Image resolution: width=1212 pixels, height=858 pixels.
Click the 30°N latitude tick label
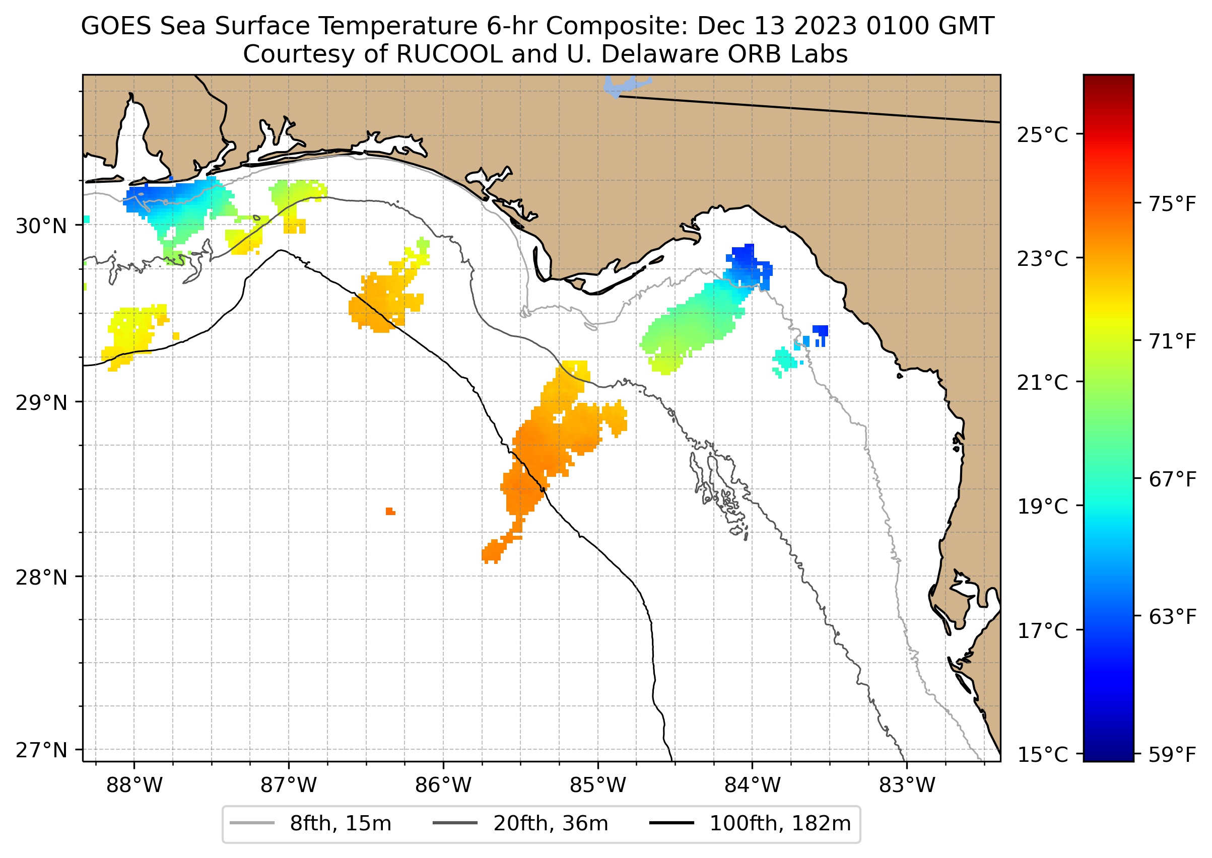coord(41,226)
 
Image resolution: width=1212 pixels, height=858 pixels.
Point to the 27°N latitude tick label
coord(41,750)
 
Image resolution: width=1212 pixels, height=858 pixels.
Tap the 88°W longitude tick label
coord(134,785)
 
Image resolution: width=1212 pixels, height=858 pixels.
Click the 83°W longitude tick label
coord(907,785)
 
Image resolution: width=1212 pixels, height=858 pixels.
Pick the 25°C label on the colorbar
coord(1042,135)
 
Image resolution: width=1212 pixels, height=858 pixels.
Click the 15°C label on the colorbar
coord(1042,754)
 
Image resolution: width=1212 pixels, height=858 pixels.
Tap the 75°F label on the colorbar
coord(1172,204)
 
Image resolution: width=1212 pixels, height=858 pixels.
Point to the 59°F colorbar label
coord(1172,754)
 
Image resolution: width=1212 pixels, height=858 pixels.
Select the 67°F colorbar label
coord(1172,479)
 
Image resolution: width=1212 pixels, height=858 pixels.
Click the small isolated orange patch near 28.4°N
coord(390,511)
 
